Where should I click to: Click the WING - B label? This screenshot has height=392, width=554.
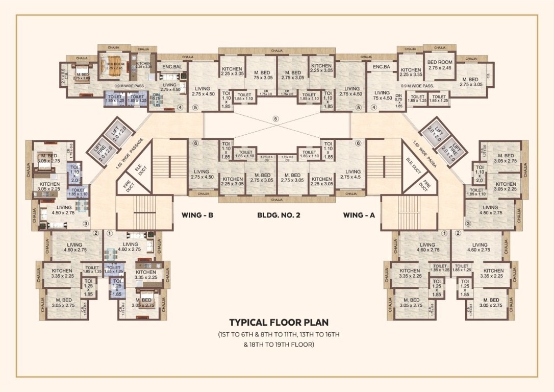197,215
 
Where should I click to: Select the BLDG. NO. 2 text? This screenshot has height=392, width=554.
278,215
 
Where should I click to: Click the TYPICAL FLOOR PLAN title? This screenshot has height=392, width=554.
279,322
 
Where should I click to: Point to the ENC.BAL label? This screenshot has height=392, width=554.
173,67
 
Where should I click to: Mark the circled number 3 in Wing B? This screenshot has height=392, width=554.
86,223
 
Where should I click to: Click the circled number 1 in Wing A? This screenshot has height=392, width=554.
444,233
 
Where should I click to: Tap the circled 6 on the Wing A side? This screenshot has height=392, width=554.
358,143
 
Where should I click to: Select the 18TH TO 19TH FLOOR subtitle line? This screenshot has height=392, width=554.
279,345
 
